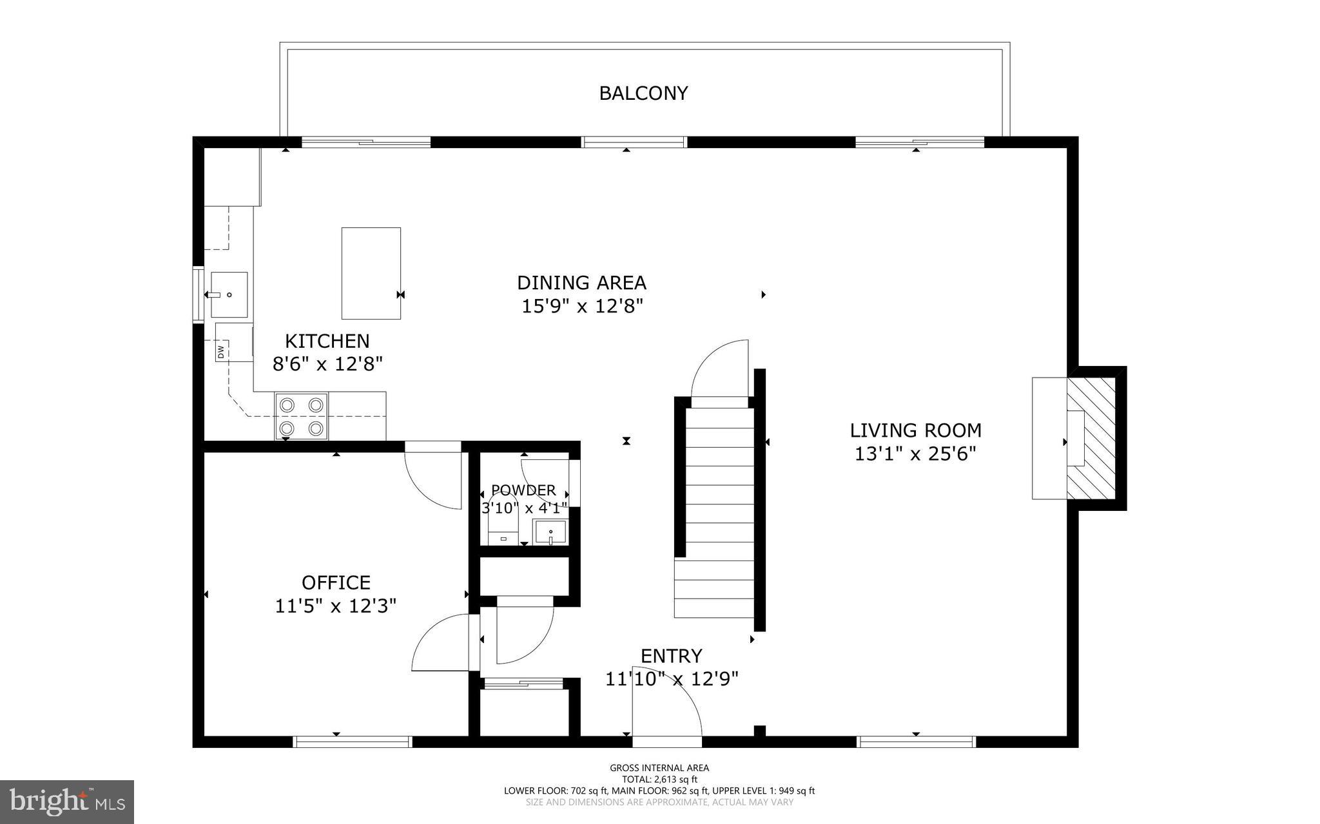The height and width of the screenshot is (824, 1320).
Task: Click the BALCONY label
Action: point(643,93)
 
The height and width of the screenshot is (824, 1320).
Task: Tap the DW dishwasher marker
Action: point(221,352)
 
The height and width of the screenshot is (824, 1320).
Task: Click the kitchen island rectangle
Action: point(371,273)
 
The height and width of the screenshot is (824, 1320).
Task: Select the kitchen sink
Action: point(229,294)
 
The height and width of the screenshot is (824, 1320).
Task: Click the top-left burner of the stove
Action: point(287,405)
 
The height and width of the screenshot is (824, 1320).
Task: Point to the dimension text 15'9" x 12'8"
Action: point(583,306)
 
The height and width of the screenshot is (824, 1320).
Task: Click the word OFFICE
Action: point(336,582)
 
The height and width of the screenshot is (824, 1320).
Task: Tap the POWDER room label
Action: point(523,490)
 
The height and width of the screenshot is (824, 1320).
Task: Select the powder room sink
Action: point(550,533)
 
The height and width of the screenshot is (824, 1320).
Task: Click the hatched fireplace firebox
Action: point(1092,438)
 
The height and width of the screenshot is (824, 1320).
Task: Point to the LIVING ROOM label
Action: point(915,430)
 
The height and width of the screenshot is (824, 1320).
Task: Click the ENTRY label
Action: point(671,656)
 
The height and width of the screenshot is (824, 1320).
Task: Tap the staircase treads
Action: point(714,503)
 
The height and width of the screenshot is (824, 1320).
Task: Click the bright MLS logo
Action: point(67,801)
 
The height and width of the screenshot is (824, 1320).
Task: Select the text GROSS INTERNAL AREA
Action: point(659,767)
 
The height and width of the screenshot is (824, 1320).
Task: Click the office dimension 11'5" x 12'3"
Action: point(336,606)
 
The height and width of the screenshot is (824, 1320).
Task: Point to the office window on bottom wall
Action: point(353,742)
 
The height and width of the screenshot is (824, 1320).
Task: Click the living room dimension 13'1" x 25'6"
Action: point(915,454)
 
